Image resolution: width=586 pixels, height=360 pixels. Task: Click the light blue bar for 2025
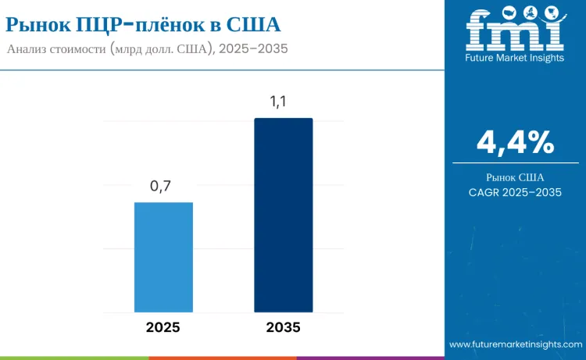[163, 257]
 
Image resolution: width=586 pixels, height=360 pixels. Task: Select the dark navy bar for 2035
[283, 215]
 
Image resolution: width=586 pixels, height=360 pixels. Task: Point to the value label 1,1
[283, 102]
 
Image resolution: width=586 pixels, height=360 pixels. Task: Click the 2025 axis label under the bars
[163, 327]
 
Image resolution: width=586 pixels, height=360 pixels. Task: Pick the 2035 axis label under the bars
[283, 327]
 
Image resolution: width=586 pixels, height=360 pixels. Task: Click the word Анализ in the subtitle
[29, 48]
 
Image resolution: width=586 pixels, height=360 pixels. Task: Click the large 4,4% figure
[515, 142]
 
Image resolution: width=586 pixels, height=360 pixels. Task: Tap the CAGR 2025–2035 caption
[515, 192]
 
